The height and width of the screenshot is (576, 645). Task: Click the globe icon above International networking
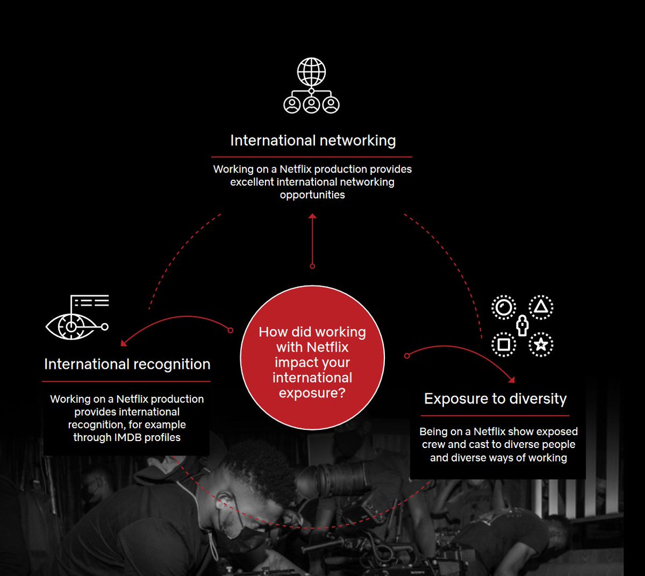coord(311,72)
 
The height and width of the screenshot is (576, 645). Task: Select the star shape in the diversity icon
coord(541,345)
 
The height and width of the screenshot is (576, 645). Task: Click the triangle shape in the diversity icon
coord(541,307)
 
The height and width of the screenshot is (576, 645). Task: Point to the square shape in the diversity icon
coord(504,344)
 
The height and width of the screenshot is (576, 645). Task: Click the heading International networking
coord(313,141)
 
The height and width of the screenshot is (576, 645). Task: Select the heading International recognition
coord(127,364)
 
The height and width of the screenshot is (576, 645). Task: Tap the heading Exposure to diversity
coord(495,399)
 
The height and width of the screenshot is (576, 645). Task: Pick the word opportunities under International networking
coord(312,195)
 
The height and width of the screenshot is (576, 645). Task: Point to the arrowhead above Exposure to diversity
coord(511,380)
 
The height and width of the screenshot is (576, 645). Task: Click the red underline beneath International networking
coord(313,157)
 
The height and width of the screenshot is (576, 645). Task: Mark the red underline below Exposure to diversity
coord(495,415)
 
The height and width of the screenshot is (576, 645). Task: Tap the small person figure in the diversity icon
coord(522,325)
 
